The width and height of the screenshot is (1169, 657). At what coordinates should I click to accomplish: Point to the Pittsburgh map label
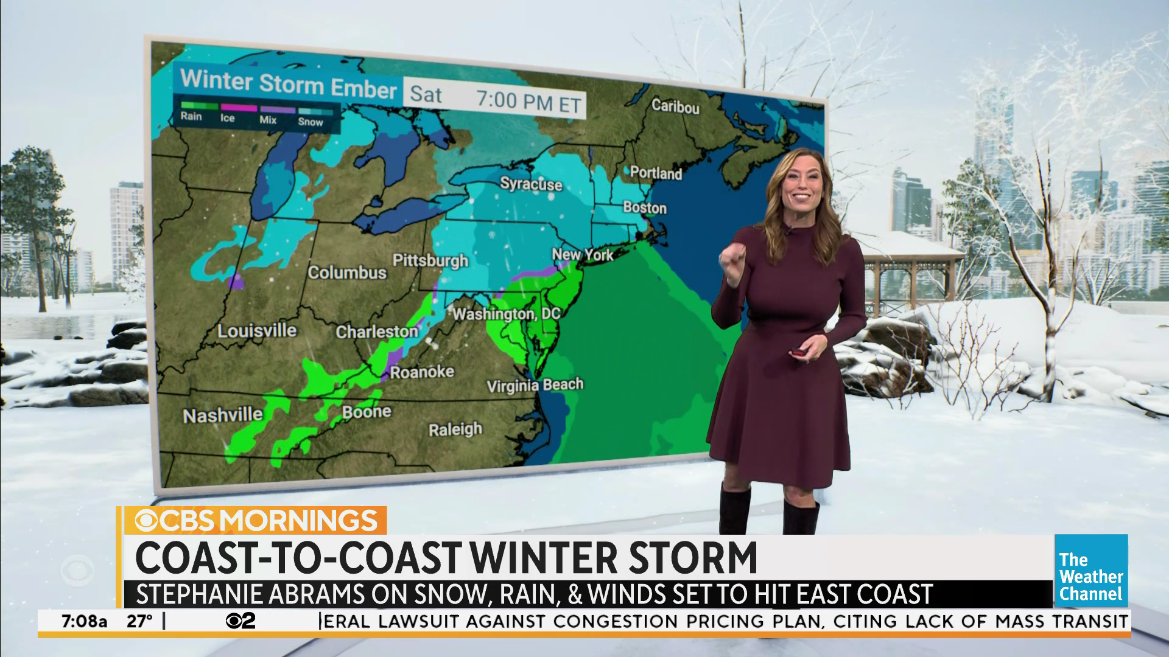click(430, 260)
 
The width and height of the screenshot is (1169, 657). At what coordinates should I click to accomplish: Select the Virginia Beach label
click(535, 385)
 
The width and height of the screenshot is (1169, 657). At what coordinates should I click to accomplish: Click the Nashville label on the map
click(223, 415)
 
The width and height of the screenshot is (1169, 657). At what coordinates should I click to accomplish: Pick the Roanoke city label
click(422, 372)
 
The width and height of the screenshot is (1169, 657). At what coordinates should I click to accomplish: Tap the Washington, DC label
click(506, 314)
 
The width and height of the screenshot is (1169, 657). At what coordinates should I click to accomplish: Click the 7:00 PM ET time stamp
click(528, 102)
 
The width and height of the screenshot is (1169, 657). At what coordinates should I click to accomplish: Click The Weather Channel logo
click(1090, 571)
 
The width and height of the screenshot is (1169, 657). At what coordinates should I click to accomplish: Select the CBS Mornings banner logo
click(256, 521)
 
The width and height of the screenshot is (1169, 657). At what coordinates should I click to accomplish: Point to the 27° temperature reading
click(139, 622)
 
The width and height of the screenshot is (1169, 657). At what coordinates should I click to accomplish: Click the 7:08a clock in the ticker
click(84, 622)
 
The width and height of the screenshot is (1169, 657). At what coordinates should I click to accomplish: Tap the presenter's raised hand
click(730, 260)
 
